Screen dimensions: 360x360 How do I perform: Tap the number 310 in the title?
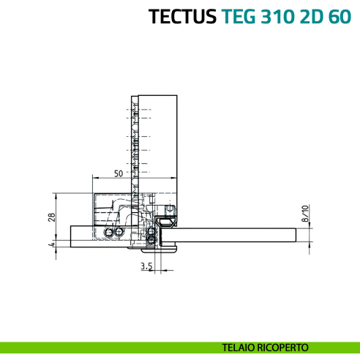tap(283, 16)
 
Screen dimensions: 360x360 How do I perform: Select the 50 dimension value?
tap(118, 173)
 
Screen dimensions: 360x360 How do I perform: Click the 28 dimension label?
tap(52, 217)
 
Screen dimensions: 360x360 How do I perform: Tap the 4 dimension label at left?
tap(52, 245)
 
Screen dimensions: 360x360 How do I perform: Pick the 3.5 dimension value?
tap(146, 268)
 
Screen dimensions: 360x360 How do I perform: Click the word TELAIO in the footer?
tap(244, 346)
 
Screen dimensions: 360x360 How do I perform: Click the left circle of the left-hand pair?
tap(109, 232)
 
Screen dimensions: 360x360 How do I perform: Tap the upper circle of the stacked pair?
tap(151, 232)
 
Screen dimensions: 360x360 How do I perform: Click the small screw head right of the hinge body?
tap(170, 209)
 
